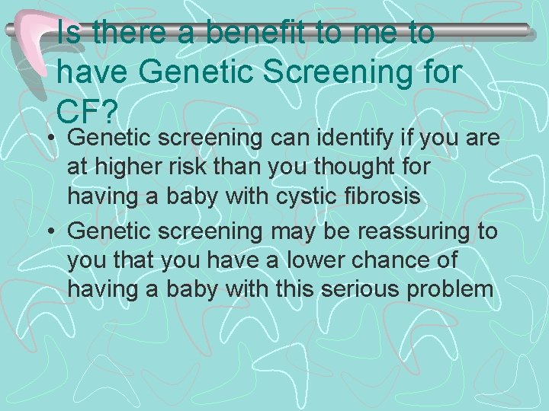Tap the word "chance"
pyautogui.click(x=396, y=260)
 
